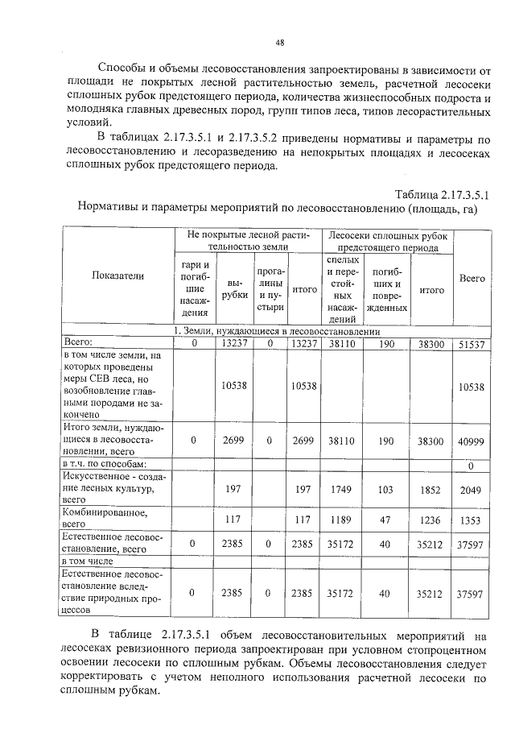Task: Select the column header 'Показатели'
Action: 117,276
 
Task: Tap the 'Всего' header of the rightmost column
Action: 472,279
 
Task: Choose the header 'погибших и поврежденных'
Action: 387,289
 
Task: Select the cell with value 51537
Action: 472,344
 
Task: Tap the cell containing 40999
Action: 472,441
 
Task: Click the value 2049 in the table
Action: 472,489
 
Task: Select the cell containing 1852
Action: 431,489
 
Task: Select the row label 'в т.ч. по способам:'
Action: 104,465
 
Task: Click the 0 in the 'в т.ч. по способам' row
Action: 472,465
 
